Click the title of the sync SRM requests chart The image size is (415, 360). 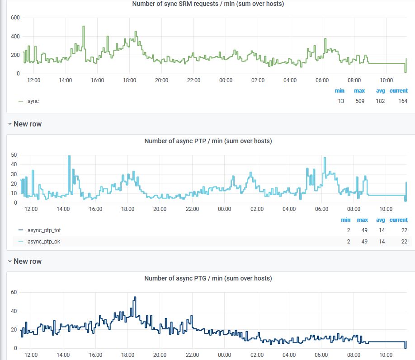click(208, 4)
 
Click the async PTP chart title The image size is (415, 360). click(208, 141)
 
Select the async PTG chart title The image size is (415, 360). click(208, 278)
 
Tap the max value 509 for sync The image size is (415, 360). click(360, 101)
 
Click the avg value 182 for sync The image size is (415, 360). click(380, 101)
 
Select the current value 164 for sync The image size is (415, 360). click(403, 101)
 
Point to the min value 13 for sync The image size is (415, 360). click(341, 101)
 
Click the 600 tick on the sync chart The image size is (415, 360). click(15, 18)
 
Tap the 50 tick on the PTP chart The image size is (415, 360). click(14, 155)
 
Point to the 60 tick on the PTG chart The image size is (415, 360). click(14, 292)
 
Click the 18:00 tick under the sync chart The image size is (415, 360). click(129, 80)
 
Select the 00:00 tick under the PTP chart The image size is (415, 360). click(224, 209)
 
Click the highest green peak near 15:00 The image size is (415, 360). click(84, 26)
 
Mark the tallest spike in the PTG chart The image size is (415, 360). click(135, 297)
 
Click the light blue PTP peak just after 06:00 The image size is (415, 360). click(325, 158)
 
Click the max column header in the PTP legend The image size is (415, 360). click(362, 220)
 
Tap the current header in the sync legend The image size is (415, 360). click(399, 91)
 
